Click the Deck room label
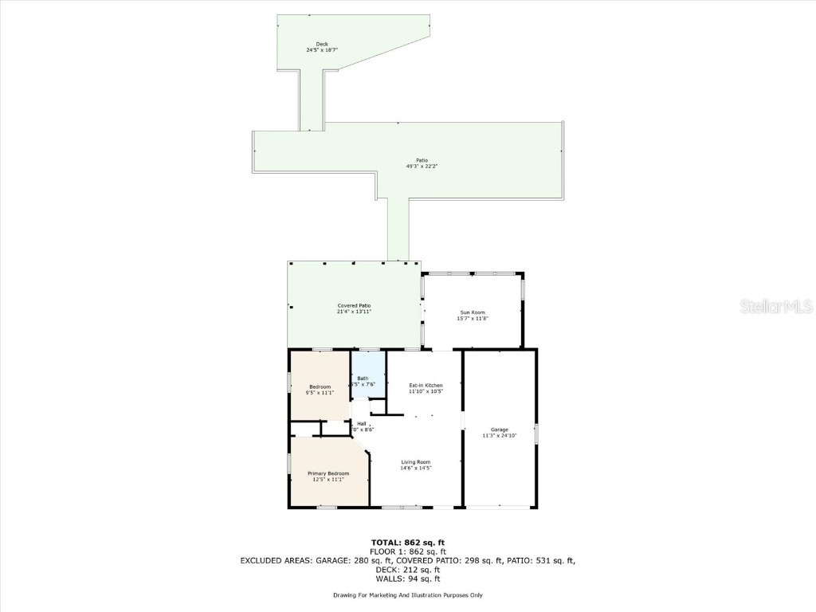tap(322, 44)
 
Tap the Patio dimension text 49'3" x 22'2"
tap(422, 166)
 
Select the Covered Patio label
tap(354, 306)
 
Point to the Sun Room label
tap(473, 312)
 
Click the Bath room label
tap(363, 379)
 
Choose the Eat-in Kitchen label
tap(426, 386)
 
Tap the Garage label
tap(500, 430)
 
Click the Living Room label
tap(415, 462)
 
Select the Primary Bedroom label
tap(328, 473)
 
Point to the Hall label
tap(362, 423)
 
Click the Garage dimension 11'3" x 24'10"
tap(500, 436)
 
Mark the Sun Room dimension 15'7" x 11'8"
tap(473, 318)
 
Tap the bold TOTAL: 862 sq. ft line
tap(408, 543)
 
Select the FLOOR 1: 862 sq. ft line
tap(408, 551)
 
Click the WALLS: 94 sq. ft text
tap(408, 578)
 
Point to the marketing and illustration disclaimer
tap(408, 595)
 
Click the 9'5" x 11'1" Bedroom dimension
tap(320, 393)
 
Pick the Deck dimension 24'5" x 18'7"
tap(322, 50)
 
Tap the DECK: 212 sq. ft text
tap(408, 569)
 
